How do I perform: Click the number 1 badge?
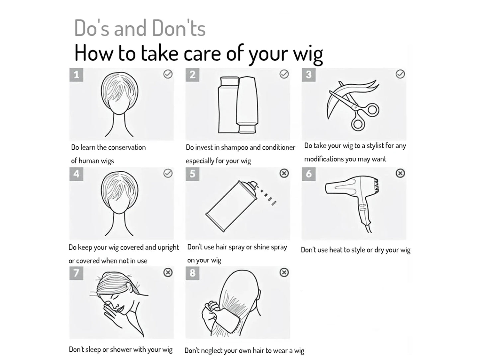point(76,75)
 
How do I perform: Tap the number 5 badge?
point(192,174)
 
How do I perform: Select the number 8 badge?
point(192,273)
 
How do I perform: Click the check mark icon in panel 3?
point(400,74)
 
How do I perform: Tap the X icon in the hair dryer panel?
point(400,173)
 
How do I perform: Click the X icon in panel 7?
point(168,272)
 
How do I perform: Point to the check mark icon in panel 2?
point(284,74)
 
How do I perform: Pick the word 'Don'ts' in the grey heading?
point(179,28)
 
